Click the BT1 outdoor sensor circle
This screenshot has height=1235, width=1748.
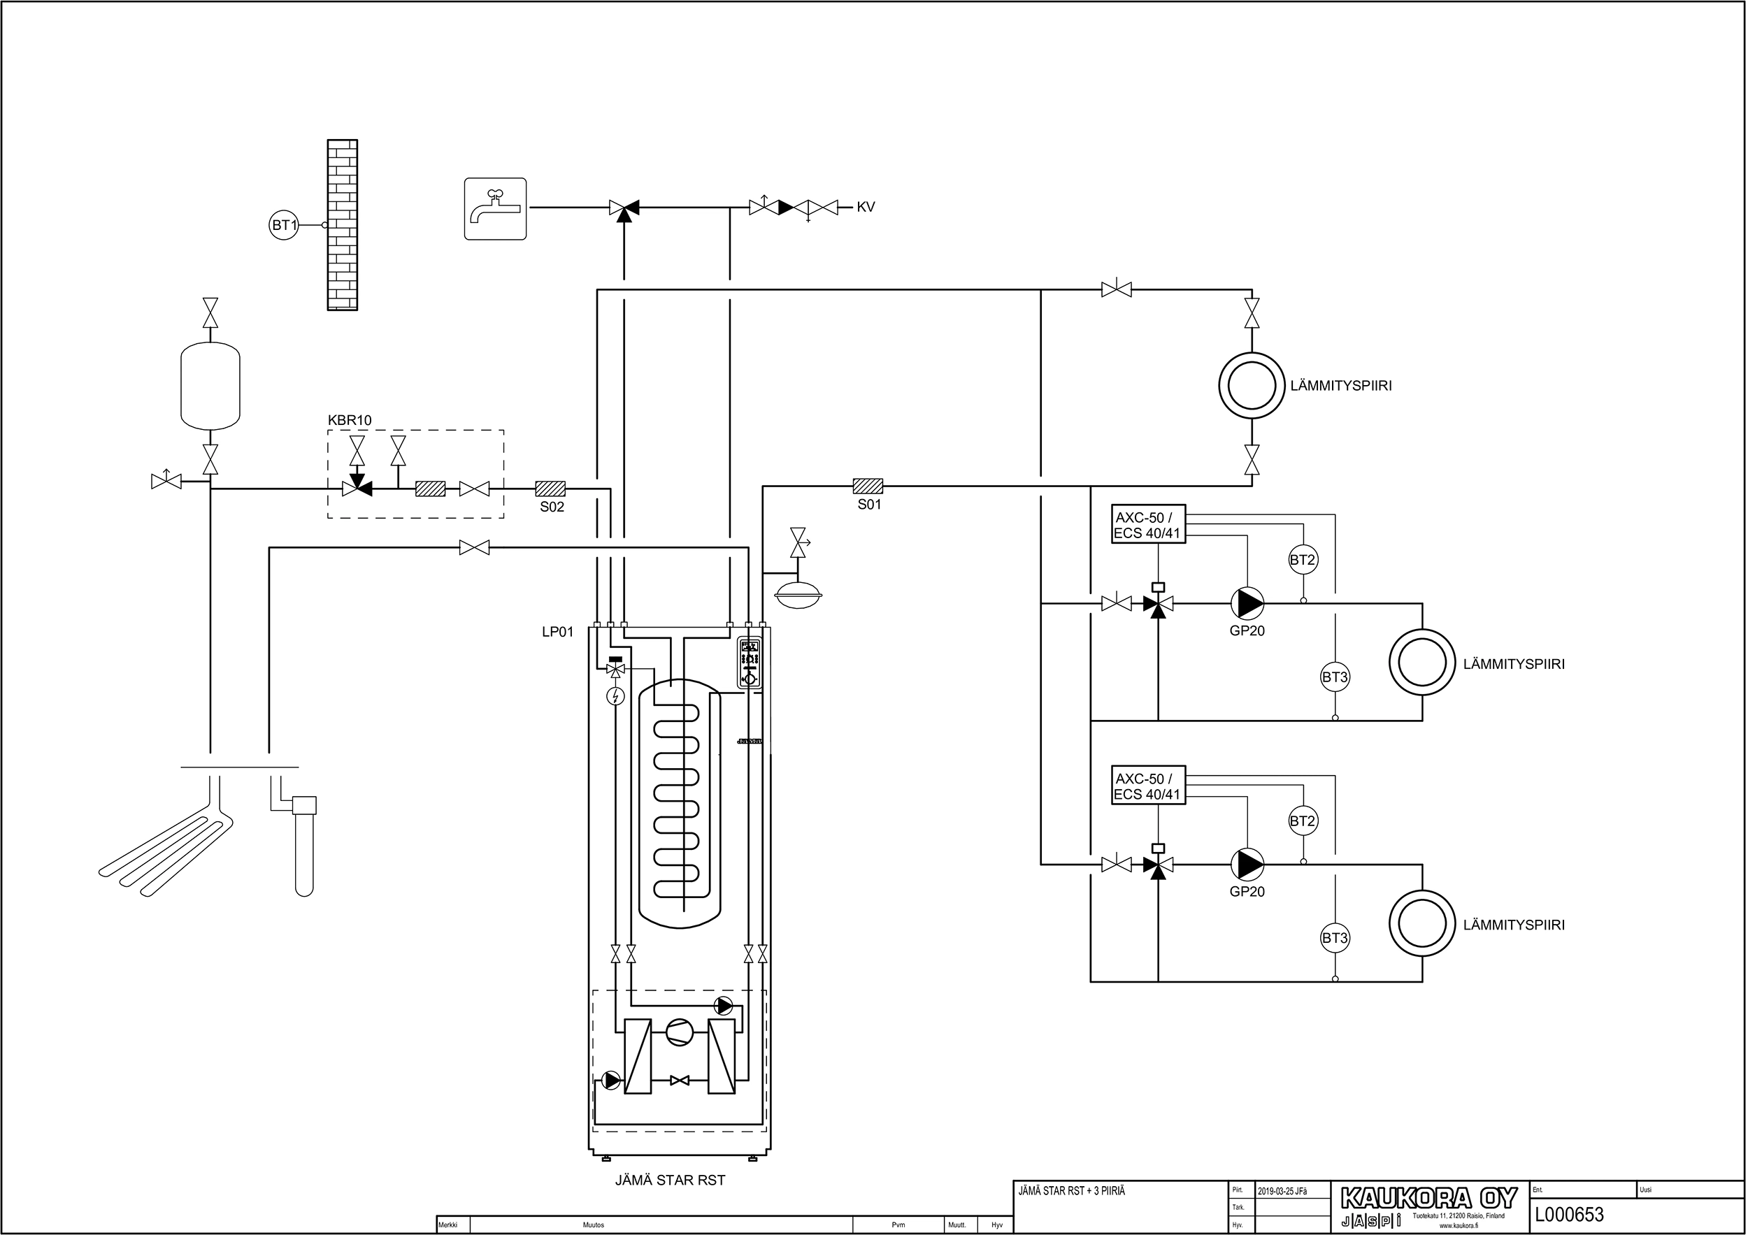coord(284,225)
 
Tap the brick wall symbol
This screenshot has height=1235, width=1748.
coord(343,225)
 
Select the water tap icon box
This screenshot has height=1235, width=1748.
coord(496,209)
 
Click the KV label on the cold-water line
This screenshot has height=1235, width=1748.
coord(866,207)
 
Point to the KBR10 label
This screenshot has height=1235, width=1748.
coord(350,420)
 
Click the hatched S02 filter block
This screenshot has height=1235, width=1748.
coord(550,489)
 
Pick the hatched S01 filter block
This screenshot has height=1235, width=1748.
coord(868,486)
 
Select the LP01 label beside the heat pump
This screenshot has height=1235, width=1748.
coord(557,632)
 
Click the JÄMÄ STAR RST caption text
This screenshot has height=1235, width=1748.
coord(670,1180)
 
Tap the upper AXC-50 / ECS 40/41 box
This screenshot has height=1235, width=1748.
coord(1148,524)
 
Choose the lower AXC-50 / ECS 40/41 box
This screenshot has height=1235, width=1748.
coord(1148,786)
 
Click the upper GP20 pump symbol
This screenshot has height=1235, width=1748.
coord(1248,604)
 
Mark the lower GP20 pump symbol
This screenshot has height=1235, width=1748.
coord(1248,865)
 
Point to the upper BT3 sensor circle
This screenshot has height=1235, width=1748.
coord(1335,677)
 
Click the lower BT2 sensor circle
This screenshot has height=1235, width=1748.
coord(1303,821)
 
